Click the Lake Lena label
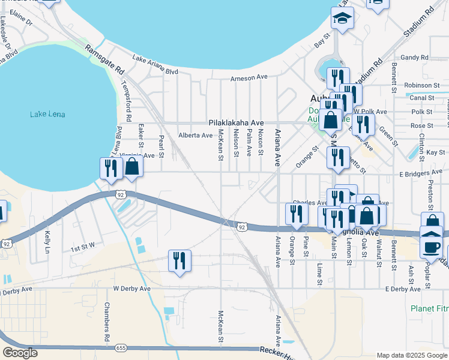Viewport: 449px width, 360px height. pos(47,115)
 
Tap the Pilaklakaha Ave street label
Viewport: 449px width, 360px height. pos(236,122)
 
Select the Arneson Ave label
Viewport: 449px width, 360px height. pos(249,77)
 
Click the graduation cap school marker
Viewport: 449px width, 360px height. pos(343,19)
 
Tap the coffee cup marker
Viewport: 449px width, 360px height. pos(432,246)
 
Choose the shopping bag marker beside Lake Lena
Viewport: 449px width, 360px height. pos(133,167)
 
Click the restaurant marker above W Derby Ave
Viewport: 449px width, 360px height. pos(179,261)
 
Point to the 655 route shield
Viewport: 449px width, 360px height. pos(121,347)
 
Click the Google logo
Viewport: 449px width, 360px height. pos(20,353)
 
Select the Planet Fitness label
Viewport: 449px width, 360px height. pos(429,308)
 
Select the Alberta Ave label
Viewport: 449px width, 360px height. pos(195,136)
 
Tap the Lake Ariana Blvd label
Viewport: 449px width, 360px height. pos(155,65)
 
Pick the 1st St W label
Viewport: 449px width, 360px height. pos(83,247)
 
